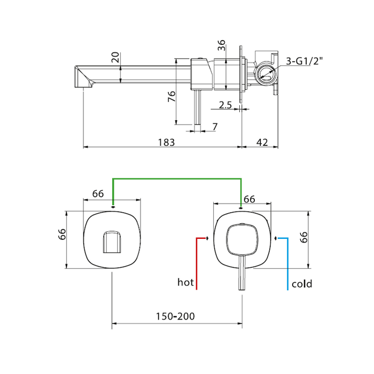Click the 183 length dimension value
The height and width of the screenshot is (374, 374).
pos(166,143)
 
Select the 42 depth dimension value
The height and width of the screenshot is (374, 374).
pos(262,143)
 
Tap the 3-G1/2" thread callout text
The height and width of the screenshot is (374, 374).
pos(304,61)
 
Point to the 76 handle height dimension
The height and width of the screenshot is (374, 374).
pos(172,96)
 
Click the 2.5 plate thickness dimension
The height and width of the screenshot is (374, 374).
pos(225,105)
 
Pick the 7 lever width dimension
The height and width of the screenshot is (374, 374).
pos(215,127)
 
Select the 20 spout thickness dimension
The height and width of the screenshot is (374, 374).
pos(115,57)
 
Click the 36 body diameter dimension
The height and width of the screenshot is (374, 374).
pos(222,45)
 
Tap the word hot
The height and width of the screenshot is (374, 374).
pos(185,282)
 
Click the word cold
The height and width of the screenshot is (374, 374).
pos(302,284)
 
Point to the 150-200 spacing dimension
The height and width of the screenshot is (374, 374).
pos(175,316)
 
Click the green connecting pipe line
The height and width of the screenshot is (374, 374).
pos(177,178)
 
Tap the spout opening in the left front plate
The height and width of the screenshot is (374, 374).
pos(112,241)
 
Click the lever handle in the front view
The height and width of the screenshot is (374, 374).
pos(242,272)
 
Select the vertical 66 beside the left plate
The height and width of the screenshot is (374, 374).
pos(62,234)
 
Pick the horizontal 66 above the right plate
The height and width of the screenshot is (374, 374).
pos(250,199)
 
